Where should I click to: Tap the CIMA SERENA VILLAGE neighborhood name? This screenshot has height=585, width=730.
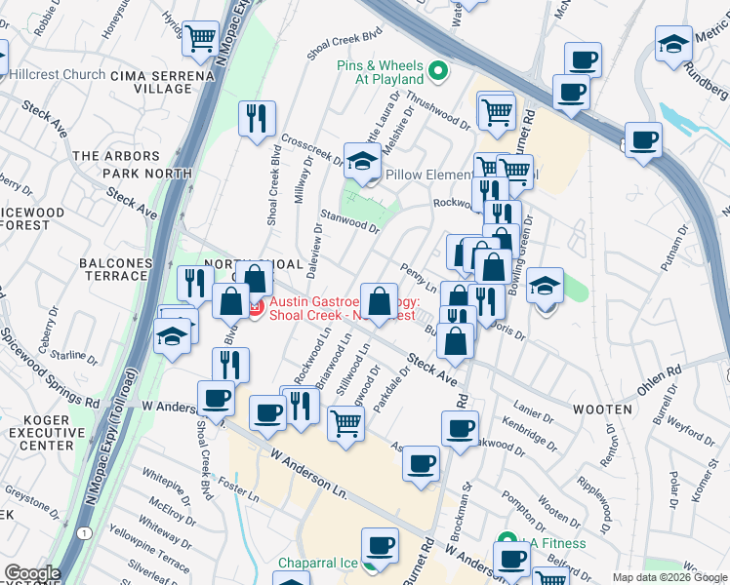[x=150, y=82]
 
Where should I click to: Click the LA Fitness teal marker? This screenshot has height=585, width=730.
[x=506, y=539]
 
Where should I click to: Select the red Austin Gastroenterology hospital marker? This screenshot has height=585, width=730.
[x=256, y=309]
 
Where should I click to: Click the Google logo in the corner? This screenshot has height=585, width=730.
[x=32, y=573]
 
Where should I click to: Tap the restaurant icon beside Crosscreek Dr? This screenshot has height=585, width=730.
[x=257, y=118]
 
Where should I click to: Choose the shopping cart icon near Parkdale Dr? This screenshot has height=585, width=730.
[x=345, y=422]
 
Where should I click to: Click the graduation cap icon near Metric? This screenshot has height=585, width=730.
[x=672, y=43]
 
